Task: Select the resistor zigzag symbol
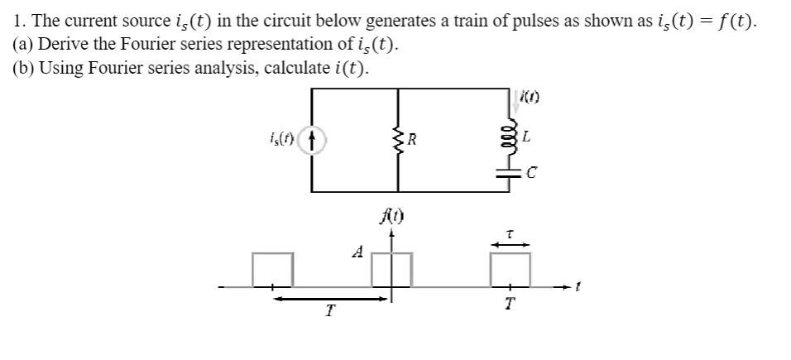[x=398, y=140]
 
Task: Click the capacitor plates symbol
[x=510, y=173]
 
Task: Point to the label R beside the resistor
[x=412, y=139]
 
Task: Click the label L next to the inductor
[x=526, y=137]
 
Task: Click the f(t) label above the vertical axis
[x=393, y=217]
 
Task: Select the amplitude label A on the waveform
[x=357, y=252]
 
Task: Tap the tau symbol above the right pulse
[x=510, y=234]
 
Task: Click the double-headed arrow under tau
[x=510, y=244]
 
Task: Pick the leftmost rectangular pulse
[x=272, y=253]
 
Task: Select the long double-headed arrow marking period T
[x=330, y=299]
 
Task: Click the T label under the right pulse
[x=511, y=304]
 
